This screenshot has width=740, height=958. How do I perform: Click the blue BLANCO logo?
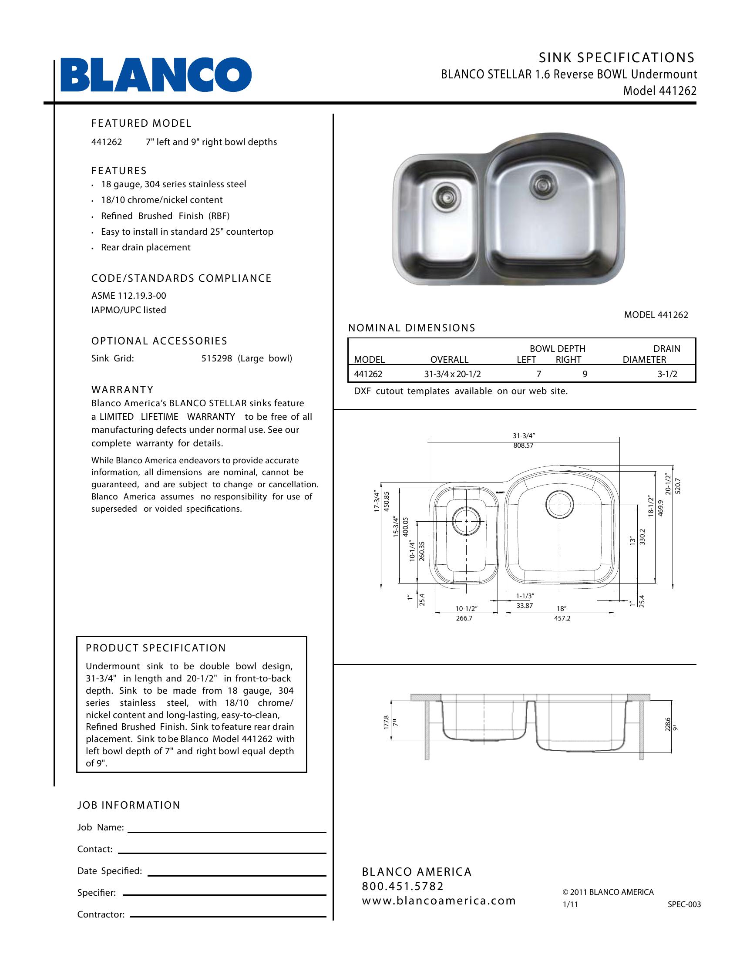click(x=156, y=75)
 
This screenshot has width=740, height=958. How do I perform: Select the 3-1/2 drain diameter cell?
click(x=667, y=374)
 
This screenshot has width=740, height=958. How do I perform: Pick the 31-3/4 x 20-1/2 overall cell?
click(x=452, y=374)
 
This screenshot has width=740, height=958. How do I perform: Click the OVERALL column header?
click(x=449, y=360)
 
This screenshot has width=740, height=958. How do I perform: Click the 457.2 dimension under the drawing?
click(x=562, y=618)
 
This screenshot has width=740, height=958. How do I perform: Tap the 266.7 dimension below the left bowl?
click(x=464, y=618)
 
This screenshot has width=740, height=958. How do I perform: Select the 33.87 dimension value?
click(x=525, y=606)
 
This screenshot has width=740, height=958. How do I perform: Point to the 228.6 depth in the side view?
click(x=668, y=724)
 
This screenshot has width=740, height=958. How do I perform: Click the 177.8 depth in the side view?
click(x=386, y=722)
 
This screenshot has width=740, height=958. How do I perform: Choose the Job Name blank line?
click(x=227, y=832)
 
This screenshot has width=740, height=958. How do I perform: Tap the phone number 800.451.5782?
click(x=403, y=886)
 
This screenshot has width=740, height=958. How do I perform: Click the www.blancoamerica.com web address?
click(x=439, y=901)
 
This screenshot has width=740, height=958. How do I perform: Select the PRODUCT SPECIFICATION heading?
click(x=156, y=648)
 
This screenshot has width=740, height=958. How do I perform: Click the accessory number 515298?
click(x=217, y=358)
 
